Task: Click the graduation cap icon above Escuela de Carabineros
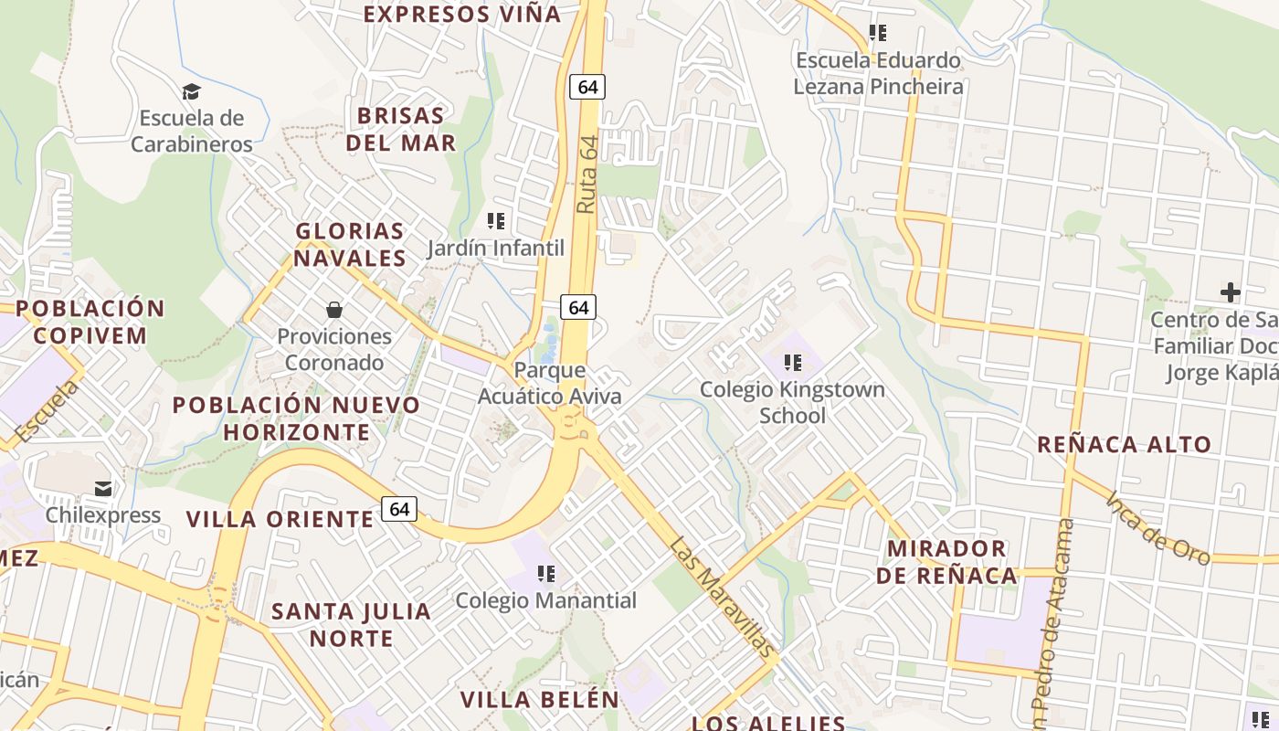coord(191,91)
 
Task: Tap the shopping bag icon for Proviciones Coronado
coord(334,310)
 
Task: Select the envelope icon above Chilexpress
coord(103,489)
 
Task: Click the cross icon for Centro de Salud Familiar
coord(1231,292)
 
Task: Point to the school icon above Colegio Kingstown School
coord(792,363)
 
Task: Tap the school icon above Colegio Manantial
coord(546,574)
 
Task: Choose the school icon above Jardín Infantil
coord(496,221)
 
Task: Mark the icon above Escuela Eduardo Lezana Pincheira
coord(877,34)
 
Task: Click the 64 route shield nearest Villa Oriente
coord(399,509)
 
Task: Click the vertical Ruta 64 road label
coord(587,175)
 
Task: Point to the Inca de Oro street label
coord(1157,529)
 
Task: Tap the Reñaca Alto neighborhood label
coord(1124,445)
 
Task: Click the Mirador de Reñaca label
coord(946,562)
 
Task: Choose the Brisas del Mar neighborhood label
coord(400,130)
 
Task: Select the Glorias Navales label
coord(350,244)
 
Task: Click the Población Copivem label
coord(90,322)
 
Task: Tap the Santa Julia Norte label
coord(351,624)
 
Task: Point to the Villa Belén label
coord(539,700)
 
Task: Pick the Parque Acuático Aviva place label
coord(550,384)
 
